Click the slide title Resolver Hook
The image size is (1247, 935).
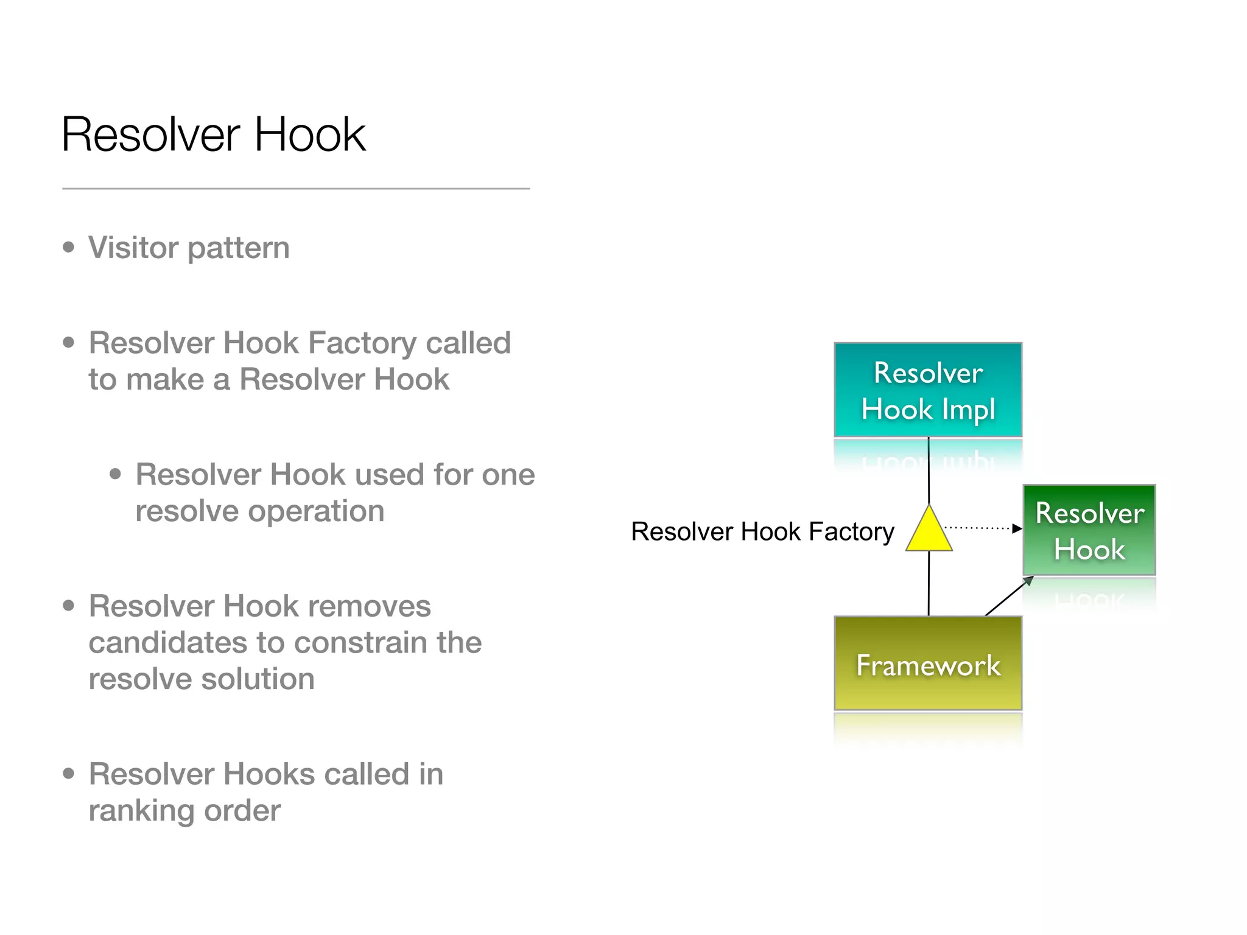[213, 135]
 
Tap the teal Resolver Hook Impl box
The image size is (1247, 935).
[928, 390]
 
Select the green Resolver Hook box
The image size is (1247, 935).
[1089, 530]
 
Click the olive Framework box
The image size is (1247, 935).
[928, 664]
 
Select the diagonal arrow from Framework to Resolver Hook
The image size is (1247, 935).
[1008, 597]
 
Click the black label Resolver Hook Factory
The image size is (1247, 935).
[762, 531]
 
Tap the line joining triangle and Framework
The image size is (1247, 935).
[929, 583]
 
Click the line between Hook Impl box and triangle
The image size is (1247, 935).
[929, 470]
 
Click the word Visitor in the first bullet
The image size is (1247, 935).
[133, 248]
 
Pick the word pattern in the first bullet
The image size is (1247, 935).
[239, 248]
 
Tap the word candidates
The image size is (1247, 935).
[167, 642]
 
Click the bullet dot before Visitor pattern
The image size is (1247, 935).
[69, 247]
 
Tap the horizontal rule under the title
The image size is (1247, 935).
[296, 189]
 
